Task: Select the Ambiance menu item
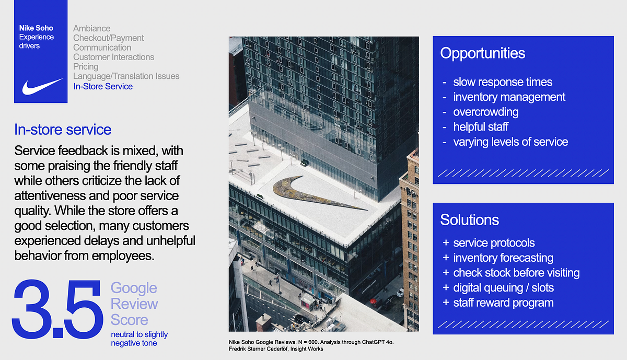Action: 92,28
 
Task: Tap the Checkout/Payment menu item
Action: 108,38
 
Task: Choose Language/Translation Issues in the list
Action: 126,76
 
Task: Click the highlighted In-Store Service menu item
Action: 103,86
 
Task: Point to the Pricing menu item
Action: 86,67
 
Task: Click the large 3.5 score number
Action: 57,308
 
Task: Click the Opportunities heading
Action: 483,53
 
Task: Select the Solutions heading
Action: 469,219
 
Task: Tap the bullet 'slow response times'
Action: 503,82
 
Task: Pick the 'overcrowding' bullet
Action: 486,112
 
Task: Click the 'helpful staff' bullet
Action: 481,127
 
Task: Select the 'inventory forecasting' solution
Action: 503,258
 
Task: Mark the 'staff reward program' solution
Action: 503,303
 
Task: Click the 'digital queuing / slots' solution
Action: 504,288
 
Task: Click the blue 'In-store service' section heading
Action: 63,130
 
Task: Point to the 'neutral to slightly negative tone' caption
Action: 140,339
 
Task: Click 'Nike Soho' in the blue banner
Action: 36,28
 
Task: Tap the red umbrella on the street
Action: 373,301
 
